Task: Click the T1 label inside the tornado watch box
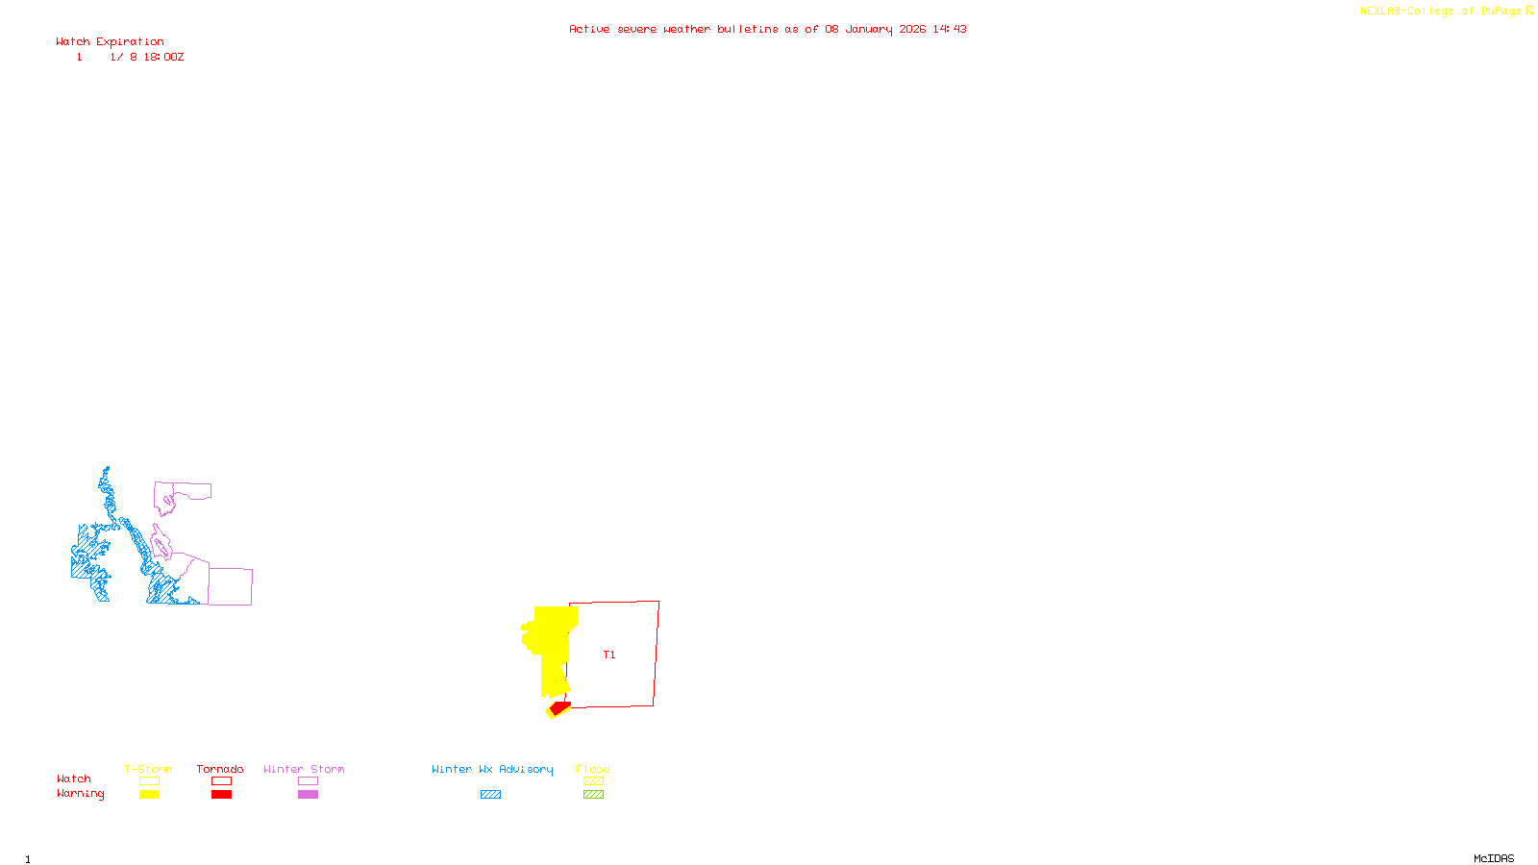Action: click(x=608, y=655)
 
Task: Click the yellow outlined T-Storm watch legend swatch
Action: click(x=149, y=781)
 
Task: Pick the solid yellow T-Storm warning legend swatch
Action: click(x=149, y=795)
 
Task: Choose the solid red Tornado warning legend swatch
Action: click(x=221, y=795)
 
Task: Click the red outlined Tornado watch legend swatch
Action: click(x=221, y=781)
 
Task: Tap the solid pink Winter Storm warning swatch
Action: click(x=308, y=795)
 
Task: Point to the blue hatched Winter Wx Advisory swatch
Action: click(x=490, y=795)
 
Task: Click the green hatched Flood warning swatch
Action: click(x=593, y=795)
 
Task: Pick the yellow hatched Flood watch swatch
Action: click(x=593, y=781)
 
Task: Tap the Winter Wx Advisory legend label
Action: click(x=492, y=769)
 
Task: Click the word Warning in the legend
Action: click(x=80, y=794)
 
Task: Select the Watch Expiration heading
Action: click(x=110, y=42)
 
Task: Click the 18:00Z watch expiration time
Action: click(x=163, y=58)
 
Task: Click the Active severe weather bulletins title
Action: click(x=767, y=30)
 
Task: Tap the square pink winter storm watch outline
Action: click(x=230, y=586)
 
